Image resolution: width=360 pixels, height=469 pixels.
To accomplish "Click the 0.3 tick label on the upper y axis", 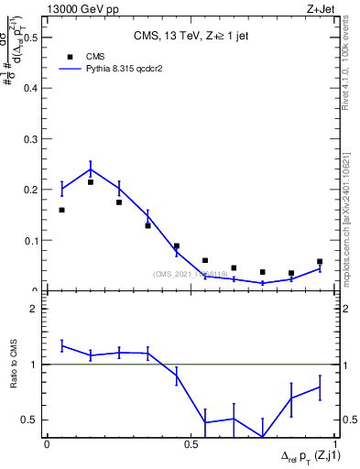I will coord(34,139).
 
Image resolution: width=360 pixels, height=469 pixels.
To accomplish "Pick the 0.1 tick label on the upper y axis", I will coord(34,241).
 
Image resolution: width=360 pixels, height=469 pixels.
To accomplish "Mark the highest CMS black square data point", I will coord(91,182).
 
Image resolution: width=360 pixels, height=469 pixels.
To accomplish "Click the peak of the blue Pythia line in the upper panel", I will coord(91,169).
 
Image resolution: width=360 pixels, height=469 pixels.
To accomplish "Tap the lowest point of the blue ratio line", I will coord(262,437).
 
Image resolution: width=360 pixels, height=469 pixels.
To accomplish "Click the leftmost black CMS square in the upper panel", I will coord(61,210).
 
